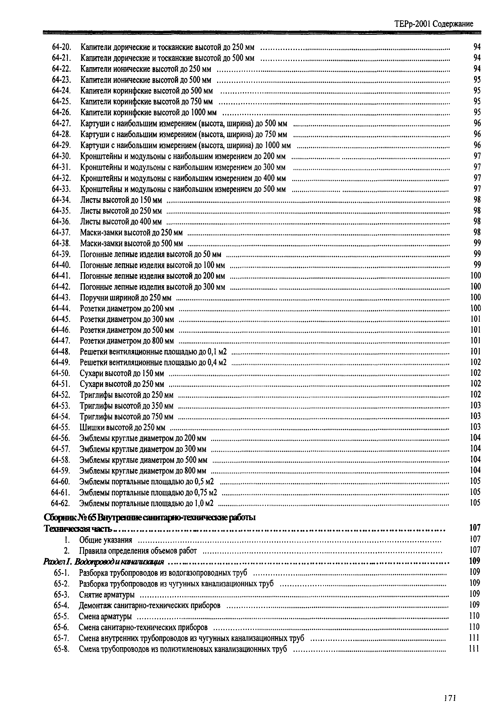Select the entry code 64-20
click(x=61, y=47)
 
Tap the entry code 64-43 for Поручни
click(x=61, y=298)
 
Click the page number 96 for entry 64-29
click(x=477, y=145)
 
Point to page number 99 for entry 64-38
click(x=477, y=243)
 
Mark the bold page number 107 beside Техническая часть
click(x=475, y=528)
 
